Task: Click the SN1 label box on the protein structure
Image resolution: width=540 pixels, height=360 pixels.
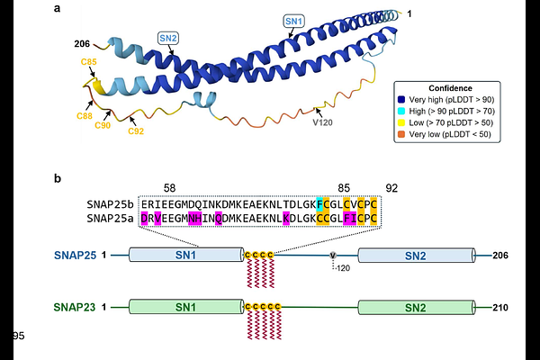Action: click(x=293, y=21)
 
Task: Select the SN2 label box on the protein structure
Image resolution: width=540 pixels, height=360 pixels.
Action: click(x=168, y=38)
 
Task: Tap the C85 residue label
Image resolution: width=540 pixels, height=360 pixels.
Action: click(x=89, y=62)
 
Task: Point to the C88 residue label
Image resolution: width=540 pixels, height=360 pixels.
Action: click(x=85, y=116)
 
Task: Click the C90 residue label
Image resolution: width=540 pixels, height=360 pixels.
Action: click(x=103, y=125)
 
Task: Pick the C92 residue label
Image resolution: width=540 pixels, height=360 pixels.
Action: click(x=136, y=131)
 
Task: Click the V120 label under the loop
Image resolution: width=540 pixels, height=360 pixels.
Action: click(x=322, y=122)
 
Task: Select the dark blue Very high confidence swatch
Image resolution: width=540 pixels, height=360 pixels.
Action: click(x=401, y=100)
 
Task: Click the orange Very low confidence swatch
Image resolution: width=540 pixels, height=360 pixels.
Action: click(x=401, y=134)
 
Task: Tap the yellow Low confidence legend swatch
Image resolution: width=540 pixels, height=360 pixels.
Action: click(x=401, y=122)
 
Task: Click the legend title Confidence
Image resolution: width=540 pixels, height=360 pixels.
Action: click(x=451, y=88)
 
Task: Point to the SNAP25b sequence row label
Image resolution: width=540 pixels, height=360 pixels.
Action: click(x=110, y=204)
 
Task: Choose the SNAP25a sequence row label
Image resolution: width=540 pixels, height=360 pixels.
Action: click(x=110, y=219)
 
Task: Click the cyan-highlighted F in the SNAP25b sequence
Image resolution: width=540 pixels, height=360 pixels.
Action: click(x=319, y=204)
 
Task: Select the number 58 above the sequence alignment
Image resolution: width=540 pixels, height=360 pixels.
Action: click(x=169, y=188)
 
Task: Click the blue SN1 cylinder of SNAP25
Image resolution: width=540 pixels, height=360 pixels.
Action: click(x=186, y=255)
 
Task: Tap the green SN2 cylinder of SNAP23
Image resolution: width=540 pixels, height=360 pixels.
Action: click(x=417, y=307)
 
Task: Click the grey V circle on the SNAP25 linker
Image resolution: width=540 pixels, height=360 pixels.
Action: click(x=333, y=256)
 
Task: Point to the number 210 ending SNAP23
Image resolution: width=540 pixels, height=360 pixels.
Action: click(x=500, y=307)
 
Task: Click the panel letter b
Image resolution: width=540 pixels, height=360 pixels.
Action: click(x=58, y=178)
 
